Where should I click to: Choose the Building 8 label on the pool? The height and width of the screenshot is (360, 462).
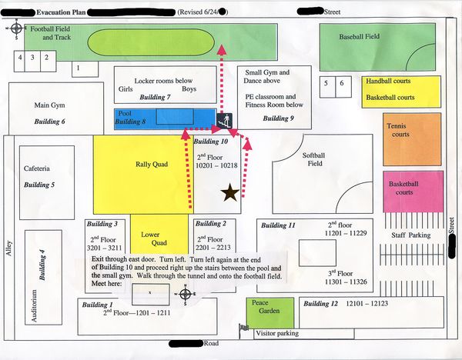(130, 122)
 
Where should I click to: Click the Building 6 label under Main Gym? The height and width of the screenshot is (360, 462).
(50, 122)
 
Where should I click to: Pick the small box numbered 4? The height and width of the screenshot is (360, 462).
(20, 57)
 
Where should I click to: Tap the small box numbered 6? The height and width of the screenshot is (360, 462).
(340, 82)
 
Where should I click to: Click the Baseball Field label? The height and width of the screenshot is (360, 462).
(360, 36)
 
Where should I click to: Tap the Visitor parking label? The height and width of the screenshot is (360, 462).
(276, 334)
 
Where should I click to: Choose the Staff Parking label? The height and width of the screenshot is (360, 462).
(410, 235)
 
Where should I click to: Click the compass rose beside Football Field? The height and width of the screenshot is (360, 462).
(15, 28)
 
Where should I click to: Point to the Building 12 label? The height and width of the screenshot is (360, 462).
(320, 304)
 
